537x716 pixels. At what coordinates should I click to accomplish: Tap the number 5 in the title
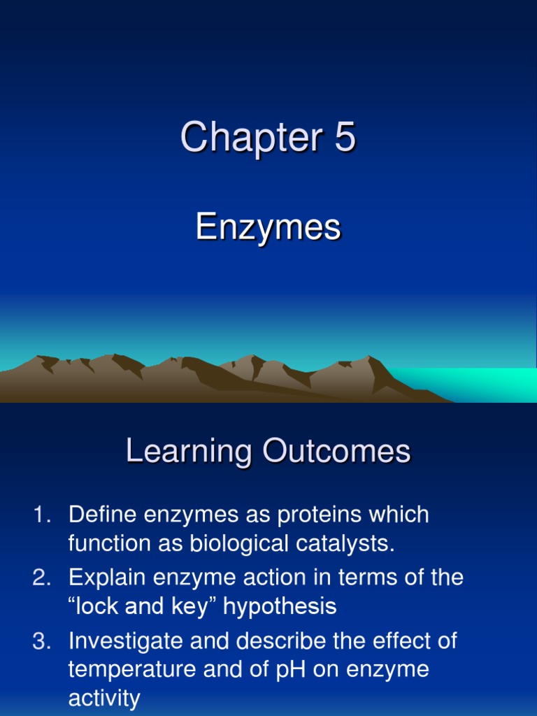pyautogui.click(x=345, y=137)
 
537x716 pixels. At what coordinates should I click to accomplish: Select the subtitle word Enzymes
pyautogui.click(x=268, y=227)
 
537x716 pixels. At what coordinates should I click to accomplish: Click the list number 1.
pyautogui.click(x=41, y=515)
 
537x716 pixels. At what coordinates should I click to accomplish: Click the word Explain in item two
pyautogui.click(x=107, y=578)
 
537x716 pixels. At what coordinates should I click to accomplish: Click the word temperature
pyautogui.click(x=129, y=670)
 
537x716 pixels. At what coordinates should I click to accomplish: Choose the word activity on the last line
pyautogui.click(x=104, y=698)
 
